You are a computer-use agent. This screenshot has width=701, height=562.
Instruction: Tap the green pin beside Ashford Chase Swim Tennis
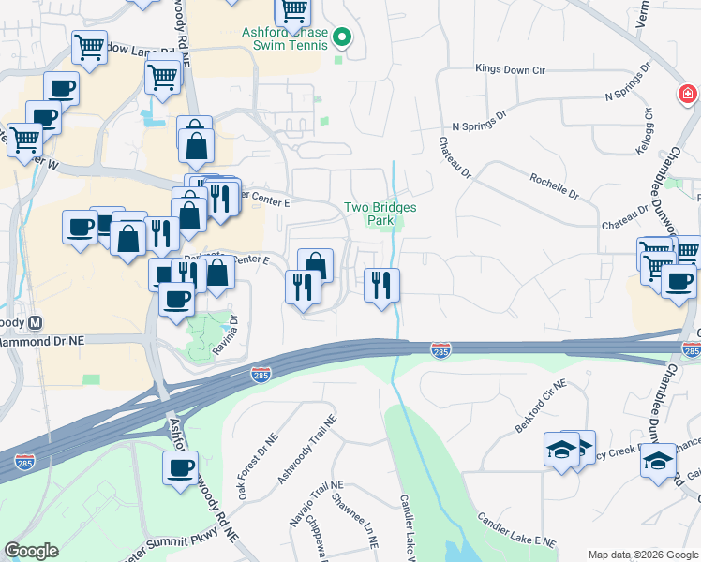pyautogui.click(x=343, y=37)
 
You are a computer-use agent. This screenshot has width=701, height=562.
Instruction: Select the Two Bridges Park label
pyautogui.click(x=380, y=214)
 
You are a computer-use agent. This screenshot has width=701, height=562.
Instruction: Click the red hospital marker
pyautogui.click(x=688, y=94)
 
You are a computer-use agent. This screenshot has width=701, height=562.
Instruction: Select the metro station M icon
pyautogui.click(x=37, y=323)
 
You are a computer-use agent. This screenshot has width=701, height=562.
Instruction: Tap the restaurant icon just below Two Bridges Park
pyautogui.click(x=381, y=285)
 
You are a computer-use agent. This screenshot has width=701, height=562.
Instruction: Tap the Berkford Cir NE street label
pyautogui.click(x=541, y=406)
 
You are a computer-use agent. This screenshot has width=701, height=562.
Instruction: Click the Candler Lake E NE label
pyautogui.click(x=515, y=530)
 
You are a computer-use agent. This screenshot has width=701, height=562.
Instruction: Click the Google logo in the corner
pyautogui.click(x=32, y=551)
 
